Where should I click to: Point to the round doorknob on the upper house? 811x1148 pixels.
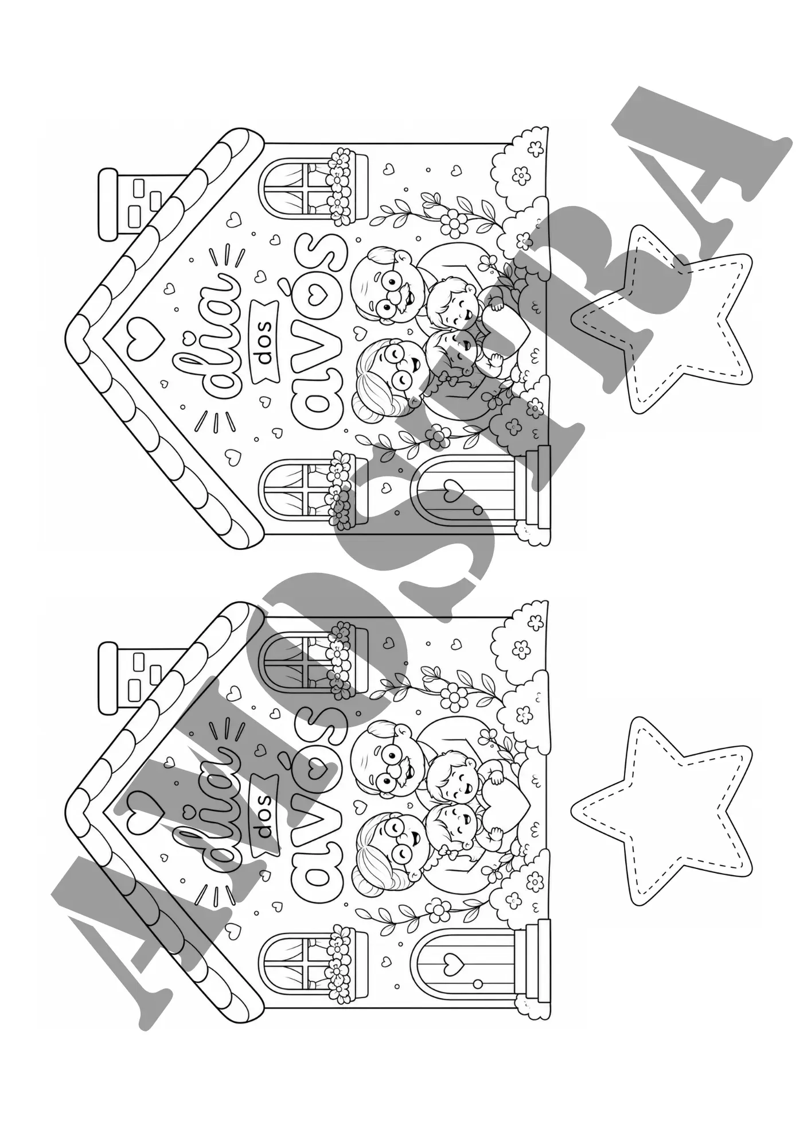coord(478,510)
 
